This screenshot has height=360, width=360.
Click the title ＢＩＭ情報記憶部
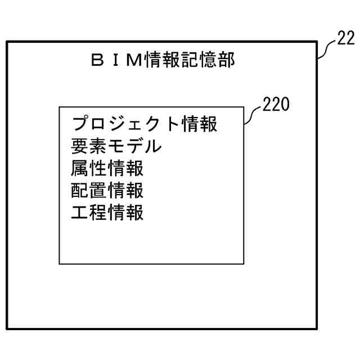pyautogui.click(x=162, y=60)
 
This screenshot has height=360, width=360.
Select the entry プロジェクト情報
pyautogui.click(x=145, y=124)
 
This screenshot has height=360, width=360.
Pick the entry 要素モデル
pyautogui.click(x=116, y=146)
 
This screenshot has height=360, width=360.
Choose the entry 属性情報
pyautogui.click(x=107, y=169)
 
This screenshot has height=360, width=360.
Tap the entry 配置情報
pyautogui.click(x=107, y=191)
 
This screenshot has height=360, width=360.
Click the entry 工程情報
pyautogui.click(x=107, y=213)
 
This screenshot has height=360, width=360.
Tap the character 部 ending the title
pyautogui.click(x=225, y=60)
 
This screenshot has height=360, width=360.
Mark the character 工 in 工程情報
pyautogui.click(x=80, y=213)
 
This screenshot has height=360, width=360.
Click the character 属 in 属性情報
pyautogui.click(x=80, y=169)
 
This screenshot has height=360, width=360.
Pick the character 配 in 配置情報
pyautogui.click(x=80, y=191)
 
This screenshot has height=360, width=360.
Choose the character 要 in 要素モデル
pyautogui.click(x=80, y=146)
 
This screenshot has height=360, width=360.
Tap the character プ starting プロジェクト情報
pyautogui.click(x=81, y=124)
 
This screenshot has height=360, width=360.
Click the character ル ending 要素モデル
pyautogui.click(x=153, y=146)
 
